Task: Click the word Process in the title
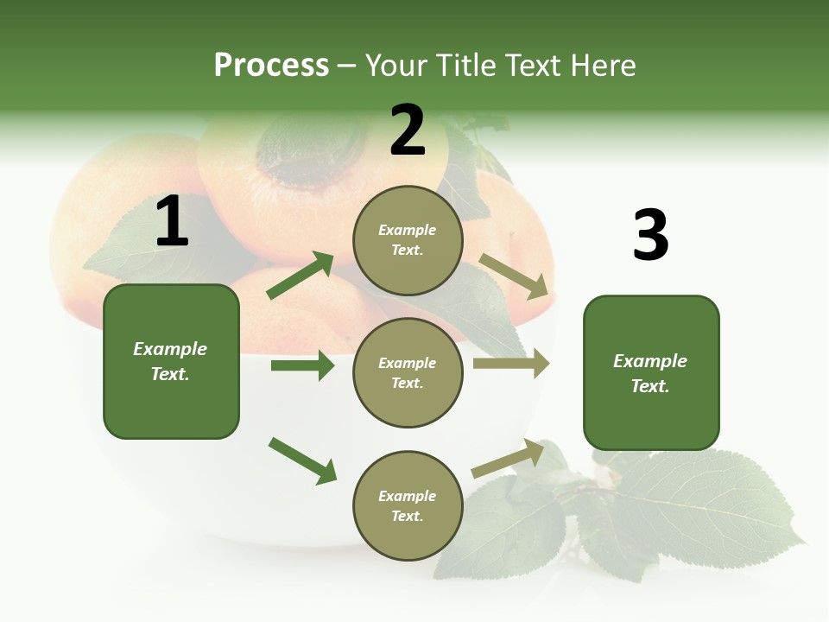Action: point(271,66)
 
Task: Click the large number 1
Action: point(172,222)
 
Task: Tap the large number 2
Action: point(408,130)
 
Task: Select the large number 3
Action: point(650,236)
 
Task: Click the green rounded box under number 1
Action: point(171,361)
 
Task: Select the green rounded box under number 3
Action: point(651,372)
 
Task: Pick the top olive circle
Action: point(408,240)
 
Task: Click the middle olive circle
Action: point(408,372)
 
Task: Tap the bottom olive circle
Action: point(408,505)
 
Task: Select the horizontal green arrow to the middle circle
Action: point(302,365)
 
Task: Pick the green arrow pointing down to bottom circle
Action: point(302,460)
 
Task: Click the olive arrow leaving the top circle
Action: point(514,276)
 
